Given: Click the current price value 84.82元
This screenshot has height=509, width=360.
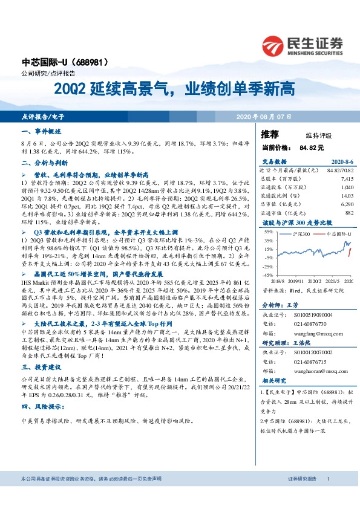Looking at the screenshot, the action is click(x=312, y=147).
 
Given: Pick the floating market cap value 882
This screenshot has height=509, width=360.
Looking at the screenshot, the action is click(x=349, y=213).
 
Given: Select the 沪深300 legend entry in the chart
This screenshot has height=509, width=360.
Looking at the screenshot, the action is click(x=301, y=233).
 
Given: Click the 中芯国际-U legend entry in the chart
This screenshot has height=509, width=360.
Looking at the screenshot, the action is click(x=336, y=233).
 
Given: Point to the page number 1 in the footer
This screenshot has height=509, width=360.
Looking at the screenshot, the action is click(x=327, y=495).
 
